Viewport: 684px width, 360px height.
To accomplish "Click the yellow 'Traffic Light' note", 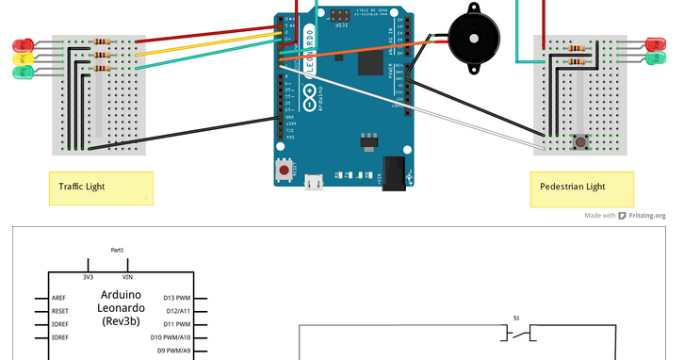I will click(x=100, y=188).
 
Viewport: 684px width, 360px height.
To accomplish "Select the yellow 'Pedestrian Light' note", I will click(x=581, y=188).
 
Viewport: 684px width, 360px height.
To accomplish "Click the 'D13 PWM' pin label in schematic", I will click(x=176, y=298).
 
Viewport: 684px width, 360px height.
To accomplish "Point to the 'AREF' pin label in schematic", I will click(x=59, y=298).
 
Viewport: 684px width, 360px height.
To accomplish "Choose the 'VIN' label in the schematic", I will click(x=127, y=277).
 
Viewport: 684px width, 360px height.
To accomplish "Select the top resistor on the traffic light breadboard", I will click(x=103, y=42).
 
